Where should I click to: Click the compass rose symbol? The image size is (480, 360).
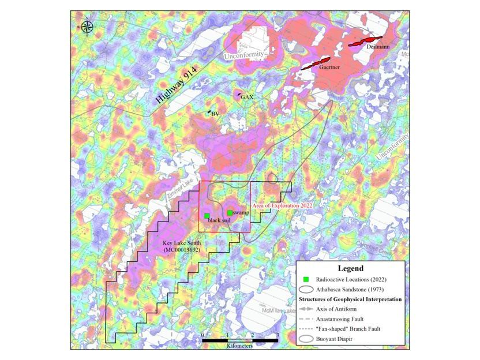click(87, 25)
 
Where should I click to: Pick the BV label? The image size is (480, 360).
click(215, 114)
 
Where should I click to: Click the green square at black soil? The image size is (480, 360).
click(207, 216)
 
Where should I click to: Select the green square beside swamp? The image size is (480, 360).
click(229, 213)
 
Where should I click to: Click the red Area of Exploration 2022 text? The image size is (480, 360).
click(282, 205)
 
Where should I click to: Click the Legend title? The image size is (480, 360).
click(350, 268)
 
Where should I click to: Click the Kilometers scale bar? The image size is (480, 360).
click(239, 340)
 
